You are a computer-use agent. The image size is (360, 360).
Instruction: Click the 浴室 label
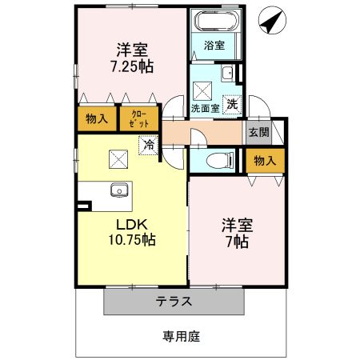click(x=214, y=45)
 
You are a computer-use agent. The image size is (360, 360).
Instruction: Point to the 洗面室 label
click(x=204, y=106)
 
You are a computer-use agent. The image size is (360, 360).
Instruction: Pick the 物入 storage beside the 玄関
click(x=265, y=160)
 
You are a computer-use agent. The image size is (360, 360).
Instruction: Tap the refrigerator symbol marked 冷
click(x=147, y=145)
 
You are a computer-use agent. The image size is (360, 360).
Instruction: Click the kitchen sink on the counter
click(x=119, y=191)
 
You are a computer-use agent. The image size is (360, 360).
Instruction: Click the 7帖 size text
click(x=236, y=241)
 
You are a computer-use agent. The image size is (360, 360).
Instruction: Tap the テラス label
click(x=174, y=302)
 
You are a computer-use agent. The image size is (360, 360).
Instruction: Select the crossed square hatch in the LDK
click(x=117, y=158)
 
